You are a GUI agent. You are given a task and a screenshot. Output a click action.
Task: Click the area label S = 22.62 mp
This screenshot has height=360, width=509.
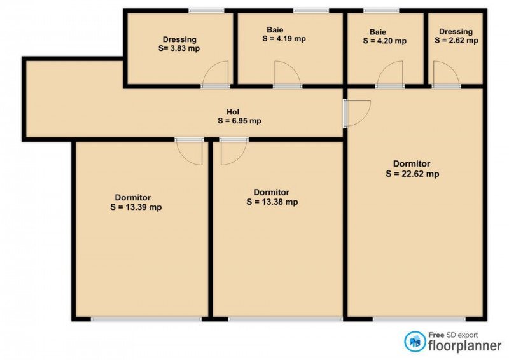412,174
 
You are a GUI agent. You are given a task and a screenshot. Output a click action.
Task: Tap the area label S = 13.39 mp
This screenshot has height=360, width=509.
136,207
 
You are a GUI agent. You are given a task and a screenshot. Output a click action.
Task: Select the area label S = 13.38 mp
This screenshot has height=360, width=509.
272,202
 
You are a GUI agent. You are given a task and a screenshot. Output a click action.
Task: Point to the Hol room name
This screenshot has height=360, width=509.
233,112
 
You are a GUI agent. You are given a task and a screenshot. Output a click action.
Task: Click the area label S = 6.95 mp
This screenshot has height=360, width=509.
240,121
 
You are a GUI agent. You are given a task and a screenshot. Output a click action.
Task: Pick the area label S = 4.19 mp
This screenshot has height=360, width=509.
284,39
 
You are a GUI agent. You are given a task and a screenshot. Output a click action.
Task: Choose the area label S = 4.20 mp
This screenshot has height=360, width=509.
385,41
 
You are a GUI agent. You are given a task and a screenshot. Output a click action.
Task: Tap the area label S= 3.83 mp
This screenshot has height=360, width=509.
179,48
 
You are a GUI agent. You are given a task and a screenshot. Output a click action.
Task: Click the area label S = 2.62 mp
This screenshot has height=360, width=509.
456,41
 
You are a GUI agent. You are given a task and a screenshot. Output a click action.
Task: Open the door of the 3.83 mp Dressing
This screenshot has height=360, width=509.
216,74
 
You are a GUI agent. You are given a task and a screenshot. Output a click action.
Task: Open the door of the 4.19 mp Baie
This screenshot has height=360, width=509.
288,74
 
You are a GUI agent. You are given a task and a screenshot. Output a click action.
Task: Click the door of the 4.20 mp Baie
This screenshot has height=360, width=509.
390,74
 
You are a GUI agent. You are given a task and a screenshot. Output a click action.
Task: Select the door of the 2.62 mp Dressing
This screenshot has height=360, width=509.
447,74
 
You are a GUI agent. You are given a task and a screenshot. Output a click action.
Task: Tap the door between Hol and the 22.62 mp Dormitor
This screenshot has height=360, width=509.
357,113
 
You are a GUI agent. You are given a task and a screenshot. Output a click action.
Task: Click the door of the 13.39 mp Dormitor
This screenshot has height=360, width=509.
189,151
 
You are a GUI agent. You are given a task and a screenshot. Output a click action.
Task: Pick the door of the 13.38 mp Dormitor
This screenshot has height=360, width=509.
234,151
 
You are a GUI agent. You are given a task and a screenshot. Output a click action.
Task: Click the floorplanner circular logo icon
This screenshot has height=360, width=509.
415,342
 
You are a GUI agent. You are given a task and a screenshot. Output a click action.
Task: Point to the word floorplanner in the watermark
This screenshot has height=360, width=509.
465,345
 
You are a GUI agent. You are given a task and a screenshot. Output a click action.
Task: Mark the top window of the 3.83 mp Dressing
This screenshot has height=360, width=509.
206,11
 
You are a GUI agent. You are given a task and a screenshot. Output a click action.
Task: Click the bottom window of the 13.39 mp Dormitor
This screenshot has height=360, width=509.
146,319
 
